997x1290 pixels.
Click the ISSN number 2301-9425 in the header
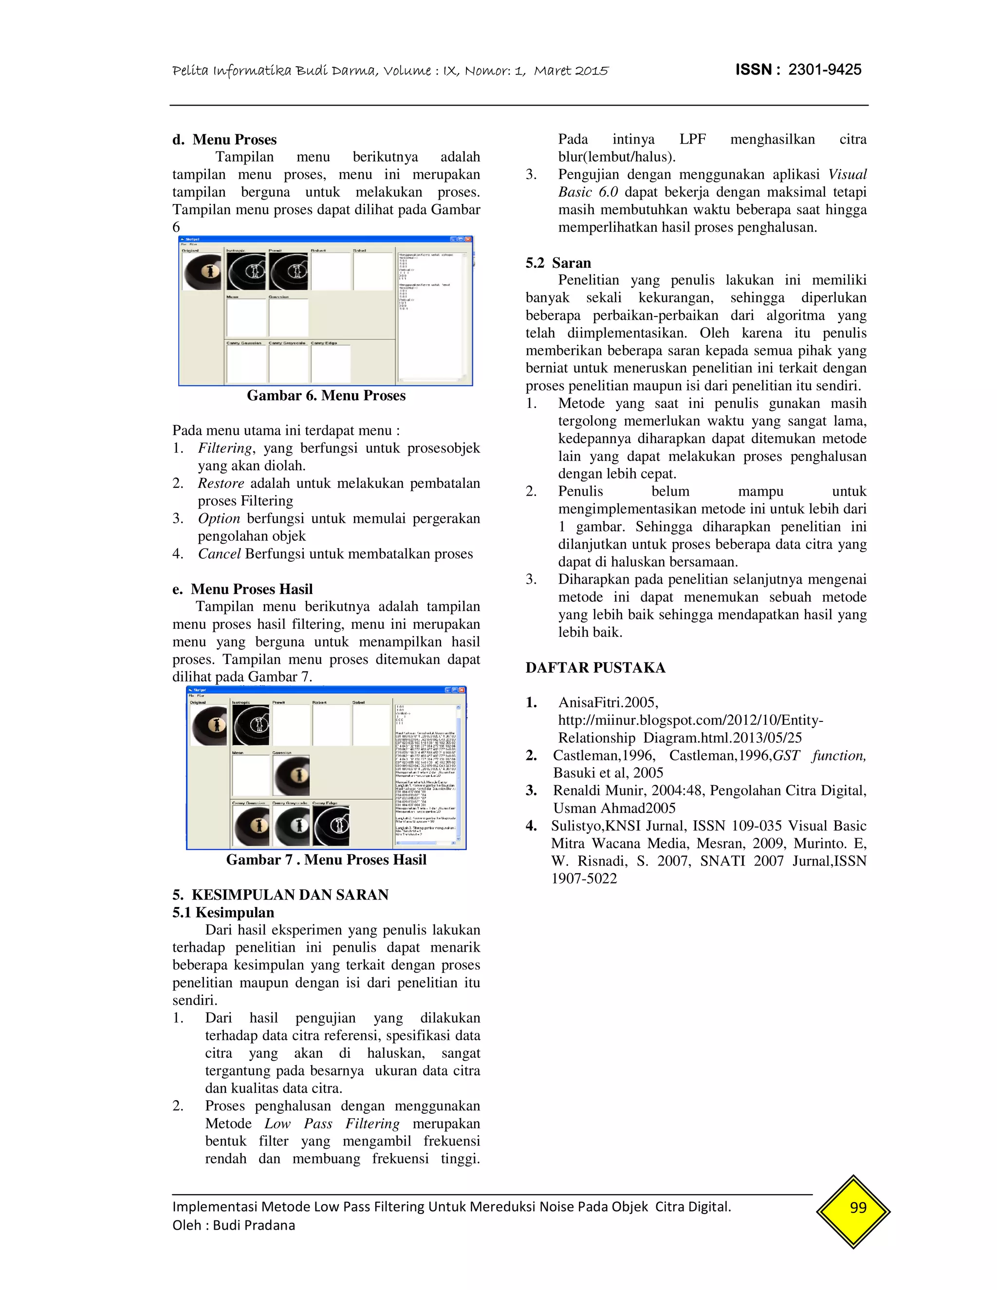click(x=825, y=70)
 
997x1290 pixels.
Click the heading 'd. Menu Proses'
click(x=224, y=139)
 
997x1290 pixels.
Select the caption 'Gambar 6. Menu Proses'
click(x=326, y=396)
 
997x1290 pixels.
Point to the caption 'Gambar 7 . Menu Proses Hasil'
click(x=326, y=859)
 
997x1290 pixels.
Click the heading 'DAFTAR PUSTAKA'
click(x=595, y=667)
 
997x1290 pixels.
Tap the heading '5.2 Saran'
click(x=558, y=263)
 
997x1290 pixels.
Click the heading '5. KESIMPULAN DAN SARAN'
click(x=280, y=894)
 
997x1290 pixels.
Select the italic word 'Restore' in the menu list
click(x=221, y=483)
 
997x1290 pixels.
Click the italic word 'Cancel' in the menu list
click(x=219, y=553)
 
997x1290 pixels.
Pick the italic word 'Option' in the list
click(x=219, y=518)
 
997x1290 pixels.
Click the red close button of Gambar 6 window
click(x=468, y=239)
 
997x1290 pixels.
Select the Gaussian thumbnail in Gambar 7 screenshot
click(x=291, y=775)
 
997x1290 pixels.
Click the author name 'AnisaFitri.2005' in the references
click(x=608, y=702)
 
